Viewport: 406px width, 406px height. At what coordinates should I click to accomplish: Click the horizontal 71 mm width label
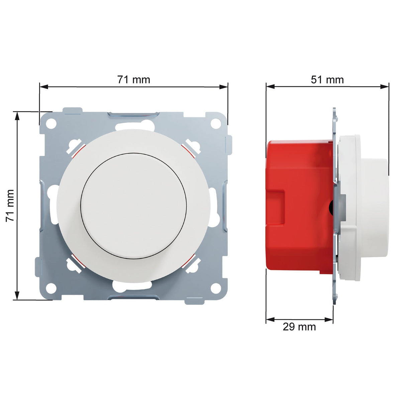pos(133,80)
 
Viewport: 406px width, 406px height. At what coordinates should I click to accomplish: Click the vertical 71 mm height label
pos(10,205)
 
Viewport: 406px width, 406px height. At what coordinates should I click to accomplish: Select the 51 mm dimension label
pos(327,80)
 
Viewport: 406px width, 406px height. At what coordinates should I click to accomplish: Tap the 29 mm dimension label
pos(299,327)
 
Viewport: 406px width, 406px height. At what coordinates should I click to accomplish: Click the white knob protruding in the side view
pos(376,204)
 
